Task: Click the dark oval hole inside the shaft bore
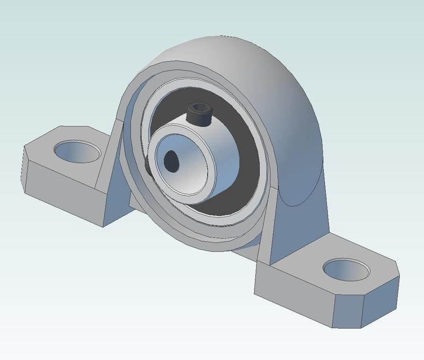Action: [x=172, y=161]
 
